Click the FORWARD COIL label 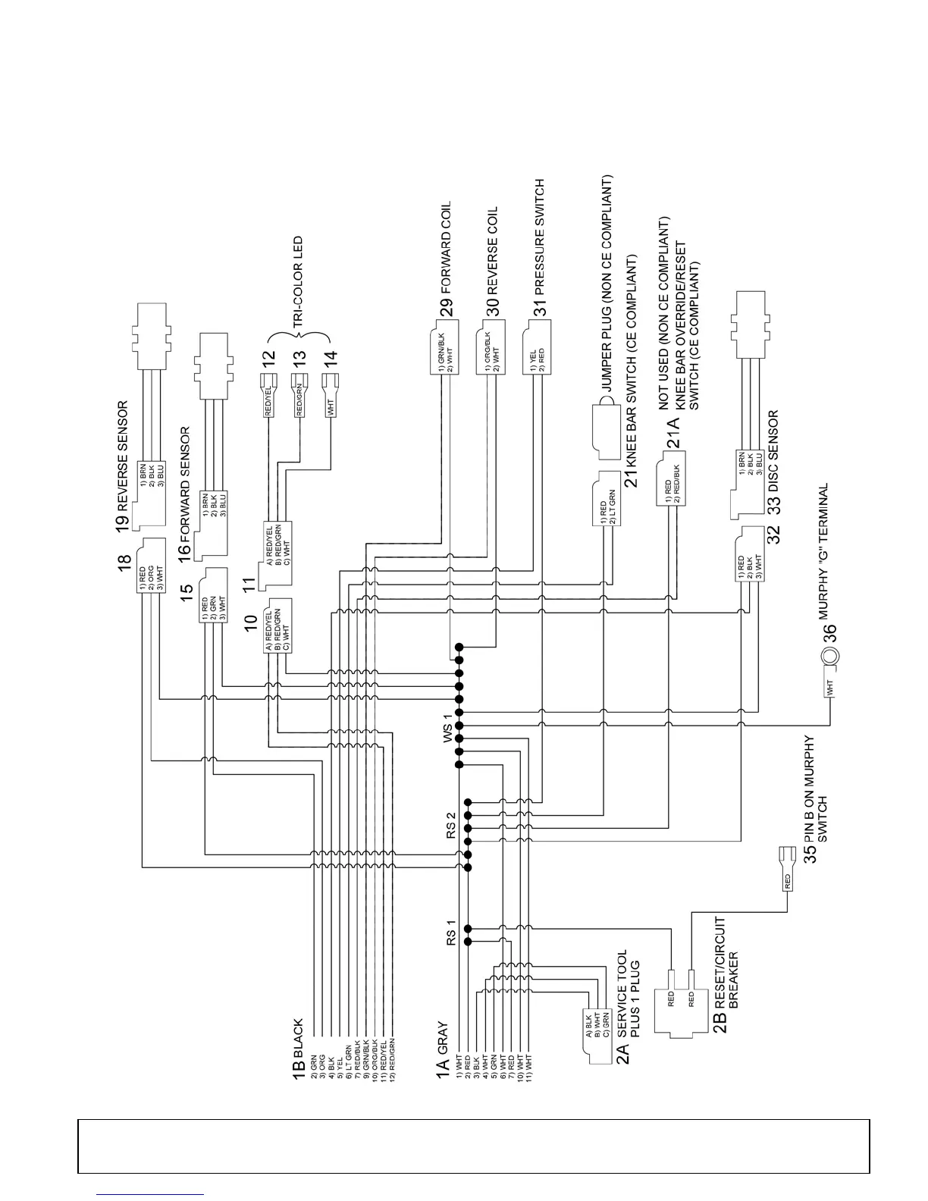pos(447,247)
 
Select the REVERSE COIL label pos(493,250)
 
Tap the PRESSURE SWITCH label pos(540,237)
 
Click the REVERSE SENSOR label pos(124,453)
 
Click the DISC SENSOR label pos(773,451)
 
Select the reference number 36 pos(830,632)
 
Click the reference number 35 pos(810,853)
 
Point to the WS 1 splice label pos(448,726)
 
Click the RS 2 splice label pos(451,825)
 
